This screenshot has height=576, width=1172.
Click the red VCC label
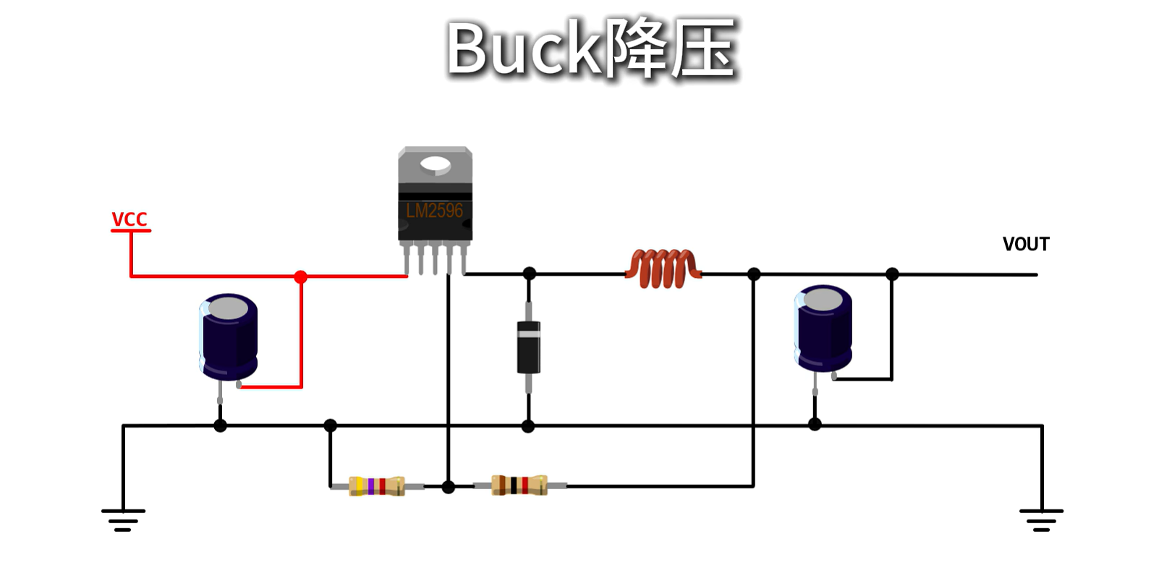tap(129, 219)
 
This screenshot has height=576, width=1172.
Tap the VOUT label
tap(1025, 245)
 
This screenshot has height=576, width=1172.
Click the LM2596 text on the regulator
tap(434, 211)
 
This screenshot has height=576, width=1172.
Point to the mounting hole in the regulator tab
tap(435, 166)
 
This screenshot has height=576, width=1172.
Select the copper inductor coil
tap(663, 268)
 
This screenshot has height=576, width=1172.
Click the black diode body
tap(529, 348)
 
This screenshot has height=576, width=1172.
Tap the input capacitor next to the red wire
tap(229, 337)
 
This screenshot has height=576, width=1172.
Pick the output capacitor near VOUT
tap(823, 329)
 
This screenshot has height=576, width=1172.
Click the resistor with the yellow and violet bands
tap(377, 486)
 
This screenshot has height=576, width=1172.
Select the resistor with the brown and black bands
tap(519, 485)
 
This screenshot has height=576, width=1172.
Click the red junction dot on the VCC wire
tap(301, 276)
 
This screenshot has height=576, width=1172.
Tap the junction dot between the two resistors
tap(449, 487)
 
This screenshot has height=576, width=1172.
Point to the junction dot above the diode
tap(530, 274)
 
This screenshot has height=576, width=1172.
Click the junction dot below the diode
tap(528, 426)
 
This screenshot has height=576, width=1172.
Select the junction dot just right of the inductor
tap(754, 274)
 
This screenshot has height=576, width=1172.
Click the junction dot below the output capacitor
tap(815, 424)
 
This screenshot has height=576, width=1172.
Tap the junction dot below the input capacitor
tap(221, 425)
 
